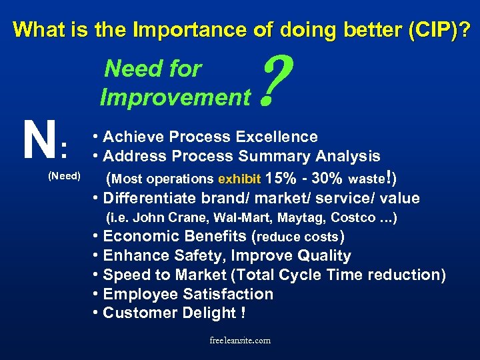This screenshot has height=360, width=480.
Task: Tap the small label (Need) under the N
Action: tap(64, 176)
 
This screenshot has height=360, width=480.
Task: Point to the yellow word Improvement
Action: tap(175, 98)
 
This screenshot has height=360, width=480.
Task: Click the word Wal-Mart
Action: tap(237, 218)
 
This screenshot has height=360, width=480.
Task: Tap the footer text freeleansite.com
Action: tap(240, 340)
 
